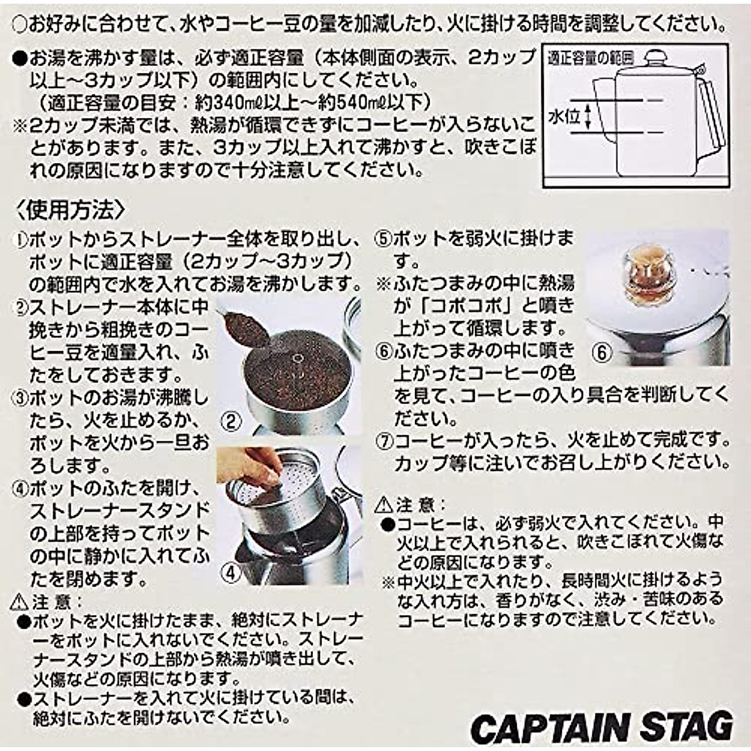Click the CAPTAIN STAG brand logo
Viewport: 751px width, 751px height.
click(601, 726)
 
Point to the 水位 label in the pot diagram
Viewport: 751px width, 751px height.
click(564, 117)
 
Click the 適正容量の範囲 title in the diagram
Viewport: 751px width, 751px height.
click(590, 59)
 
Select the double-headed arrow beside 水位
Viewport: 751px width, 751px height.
click(588, 117)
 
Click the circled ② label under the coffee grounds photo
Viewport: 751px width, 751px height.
click(232, 421)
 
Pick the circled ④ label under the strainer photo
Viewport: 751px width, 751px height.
click(232, 572)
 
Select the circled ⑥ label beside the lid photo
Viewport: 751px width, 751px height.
click(601, 352)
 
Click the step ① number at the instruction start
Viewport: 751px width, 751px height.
click(21, 240)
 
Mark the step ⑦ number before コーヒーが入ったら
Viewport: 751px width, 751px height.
click(383, 441)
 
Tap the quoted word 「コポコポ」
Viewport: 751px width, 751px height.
click(457, 305)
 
